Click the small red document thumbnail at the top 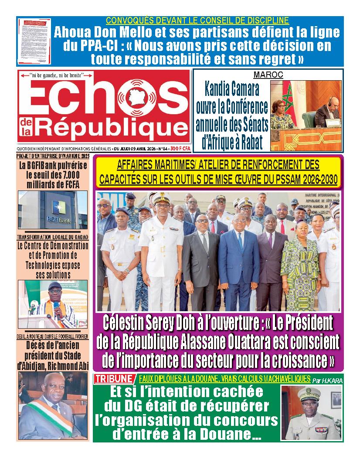click(34, 41)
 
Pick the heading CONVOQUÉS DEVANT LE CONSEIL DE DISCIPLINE click(197, 20)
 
